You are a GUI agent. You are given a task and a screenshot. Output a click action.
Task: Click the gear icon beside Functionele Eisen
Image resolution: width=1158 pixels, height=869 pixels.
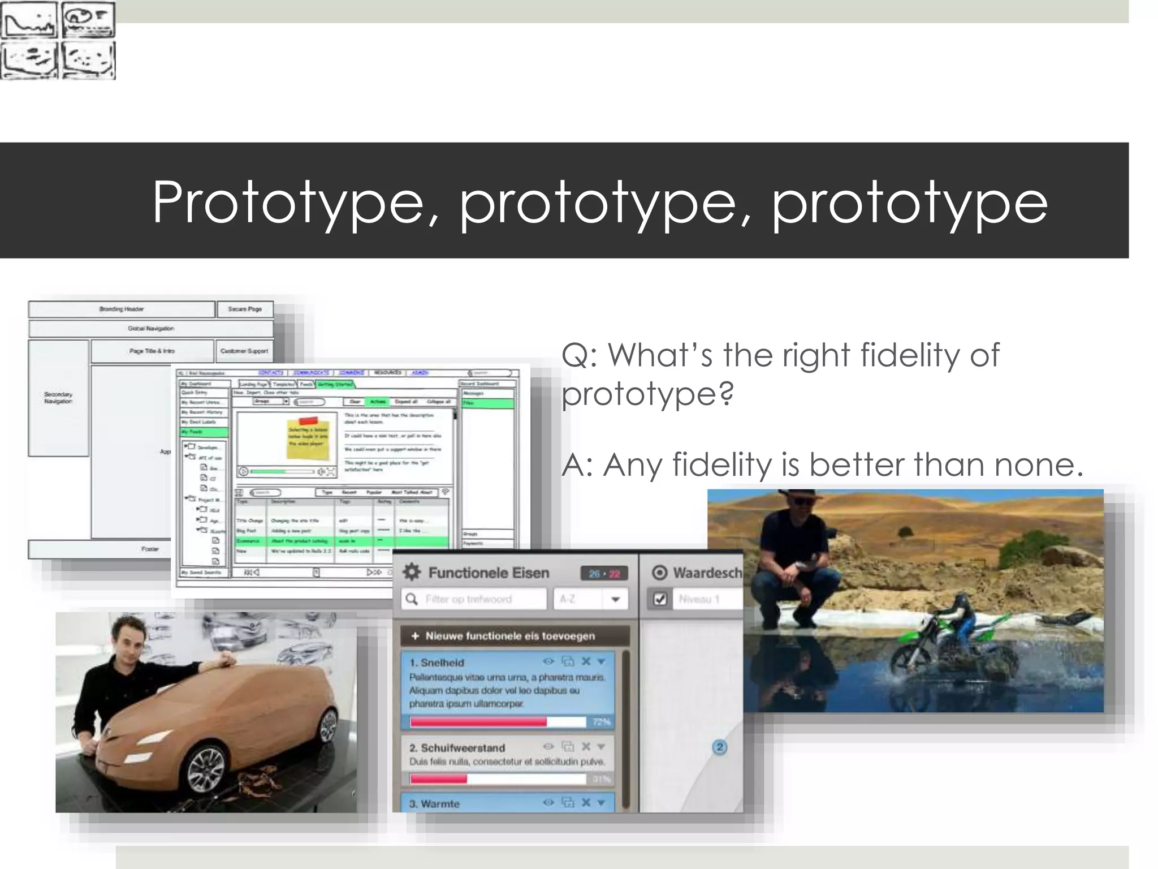click(412, 572)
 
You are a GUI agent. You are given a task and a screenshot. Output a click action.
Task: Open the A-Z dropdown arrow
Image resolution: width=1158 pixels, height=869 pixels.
click(616, 599)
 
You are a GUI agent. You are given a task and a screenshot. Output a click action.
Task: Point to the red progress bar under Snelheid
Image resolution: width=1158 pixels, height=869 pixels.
click(478, 722)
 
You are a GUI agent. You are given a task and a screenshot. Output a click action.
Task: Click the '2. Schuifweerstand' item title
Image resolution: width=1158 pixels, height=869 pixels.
click(457, 747)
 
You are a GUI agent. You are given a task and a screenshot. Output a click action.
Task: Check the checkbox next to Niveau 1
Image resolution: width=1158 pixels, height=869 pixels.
click(660, 599)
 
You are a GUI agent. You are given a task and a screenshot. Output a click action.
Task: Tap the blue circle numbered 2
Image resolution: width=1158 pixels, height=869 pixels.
click(719, 747)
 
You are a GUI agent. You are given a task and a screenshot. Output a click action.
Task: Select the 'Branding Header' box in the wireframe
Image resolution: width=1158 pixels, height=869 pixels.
click(122, 309)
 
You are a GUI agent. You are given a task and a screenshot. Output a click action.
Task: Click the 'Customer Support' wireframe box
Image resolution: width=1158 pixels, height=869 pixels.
click(244, 351)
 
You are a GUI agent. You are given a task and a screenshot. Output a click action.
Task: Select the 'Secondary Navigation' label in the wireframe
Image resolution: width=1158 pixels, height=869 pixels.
click(58, 398)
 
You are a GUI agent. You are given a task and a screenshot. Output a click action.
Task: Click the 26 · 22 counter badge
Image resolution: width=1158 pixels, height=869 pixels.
click(604, 573)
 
